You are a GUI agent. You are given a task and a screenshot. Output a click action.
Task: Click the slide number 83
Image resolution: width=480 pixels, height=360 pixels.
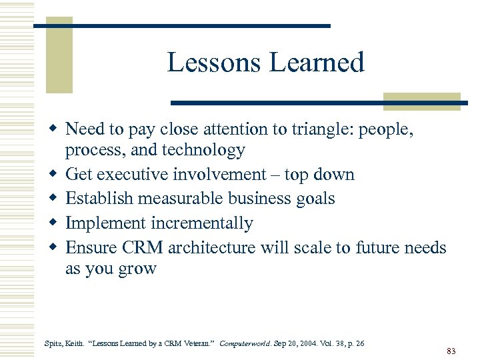(451, 351)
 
